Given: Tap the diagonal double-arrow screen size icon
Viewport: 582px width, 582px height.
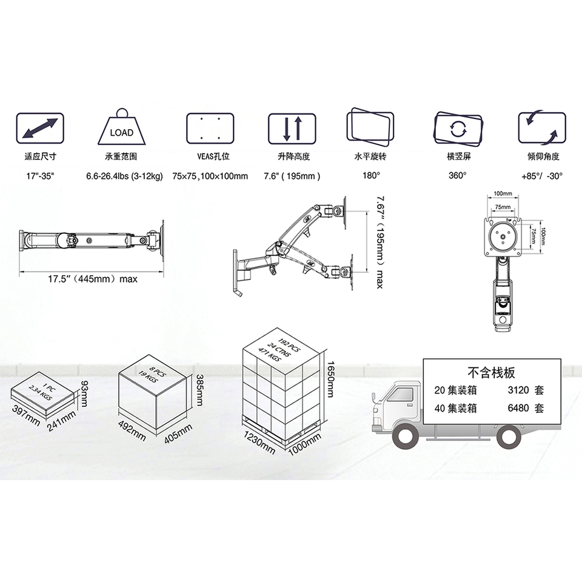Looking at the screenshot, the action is [40, 129].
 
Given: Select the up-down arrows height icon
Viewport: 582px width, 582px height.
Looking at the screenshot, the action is [292, 129].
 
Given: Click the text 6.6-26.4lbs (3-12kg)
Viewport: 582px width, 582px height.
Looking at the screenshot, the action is [125, 176].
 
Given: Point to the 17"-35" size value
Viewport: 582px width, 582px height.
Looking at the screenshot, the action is [40, 176].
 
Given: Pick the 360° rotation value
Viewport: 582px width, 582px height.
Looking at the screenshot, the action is [458, 175].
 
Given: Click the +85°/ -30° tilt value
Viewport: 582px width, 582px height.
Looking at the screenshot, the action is [542, 176].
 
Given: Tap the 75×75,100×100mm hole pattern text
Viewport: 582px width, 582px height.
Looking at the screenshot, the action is [210, 176].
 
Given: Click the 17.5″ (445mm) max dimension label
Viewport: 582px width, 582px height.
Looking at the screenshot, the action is [92, 279].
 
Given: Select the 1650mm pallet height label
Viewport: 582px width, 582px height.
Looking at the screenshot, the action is [330, 379].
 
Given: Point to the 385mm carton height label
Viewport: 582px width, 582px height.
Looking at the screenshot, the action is [199, 390].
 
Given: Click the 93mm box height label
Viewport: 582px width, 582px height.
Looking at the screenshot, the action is [84, 393].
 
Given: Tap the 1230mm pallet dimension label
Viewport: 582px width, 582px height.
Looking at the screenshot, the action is [259, 442].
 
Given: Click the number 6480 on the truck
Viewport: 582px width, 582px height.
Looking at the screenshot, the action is [518, 408].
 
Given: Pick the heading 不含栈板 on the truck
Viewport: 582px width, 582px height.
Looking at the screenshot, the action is [492, 372].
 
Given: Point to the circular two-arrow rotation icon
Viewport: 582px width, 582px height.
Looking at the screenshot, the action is [458, 129].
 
